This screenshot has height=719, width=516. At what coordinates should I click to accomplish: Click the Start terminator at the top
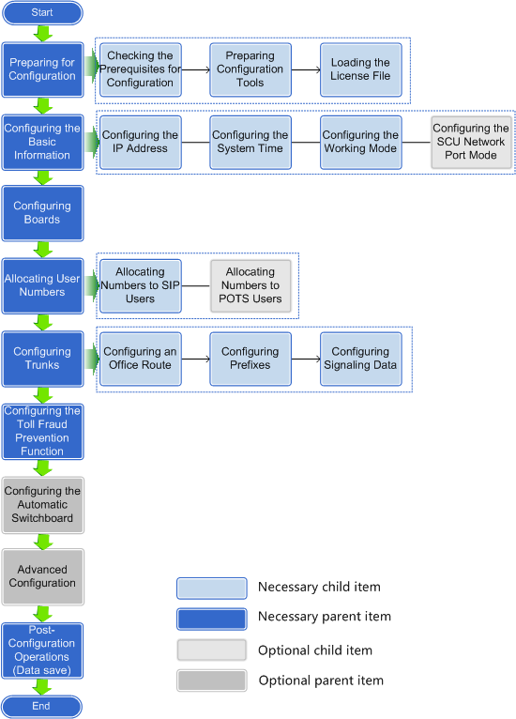(x=42, y=12)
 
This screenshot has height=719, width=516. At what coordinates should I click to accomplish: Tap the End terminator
(x=41, y=706)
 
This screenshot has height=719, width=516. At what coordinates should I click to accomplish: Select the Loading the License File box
(x=360, y=69)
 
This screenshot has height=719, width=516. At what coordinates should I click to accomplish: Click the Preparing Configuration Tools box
(x=250, y=69)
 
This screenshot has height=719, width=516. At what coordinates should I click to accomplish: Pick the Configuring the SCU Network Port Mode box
(x=471, y=142)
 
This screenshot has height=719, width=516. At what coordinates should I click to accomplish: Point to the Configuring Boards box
(x=42, y=213)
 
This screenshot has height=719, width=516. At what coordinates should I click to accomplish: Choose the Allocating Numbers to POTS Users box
(x=250, y=285)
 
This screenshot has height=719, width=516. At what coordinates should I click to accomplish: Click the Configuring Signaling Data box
(x=360, y=359)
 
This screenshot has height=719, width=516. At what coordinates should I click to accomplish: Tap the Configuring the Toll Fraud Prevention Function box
(x=42, y=432)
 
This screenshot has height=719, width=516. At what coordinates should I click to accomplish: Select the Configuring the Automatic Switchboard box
(x=42, y=505)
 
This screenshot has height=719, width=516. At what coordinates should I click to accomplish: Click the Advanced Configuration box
(x=42, y=577)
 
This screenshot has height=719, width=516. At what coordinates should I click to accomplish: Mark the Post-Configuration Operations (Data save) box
(x=42, y=650)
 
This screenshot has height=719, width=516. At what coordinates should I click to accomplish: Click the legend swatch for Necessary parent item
(x=212, y=620)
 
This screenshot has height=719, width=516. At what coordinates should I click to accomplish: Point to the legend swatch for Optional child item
(x=212, y=650)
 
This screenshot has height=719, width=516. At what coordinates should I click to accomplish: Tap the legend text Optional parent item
(x=321, y=681)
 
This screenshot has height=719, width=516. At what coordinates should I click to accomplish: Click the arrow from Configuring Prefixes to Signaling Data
(x=306, y=359)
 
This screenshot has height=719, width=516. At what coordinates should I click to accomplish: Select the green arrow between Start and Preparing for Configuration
(x=42, y=34)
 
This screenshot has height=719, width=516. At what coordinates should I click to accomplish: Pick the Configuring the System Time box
(x=250, y=142)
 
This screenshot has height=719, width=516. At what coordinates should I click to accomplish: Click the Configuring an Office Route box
(x=140, y=359)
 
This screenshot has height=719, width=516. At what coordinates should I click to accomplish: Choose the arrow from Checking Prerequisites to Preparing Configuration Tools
(x=196, y=69)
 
